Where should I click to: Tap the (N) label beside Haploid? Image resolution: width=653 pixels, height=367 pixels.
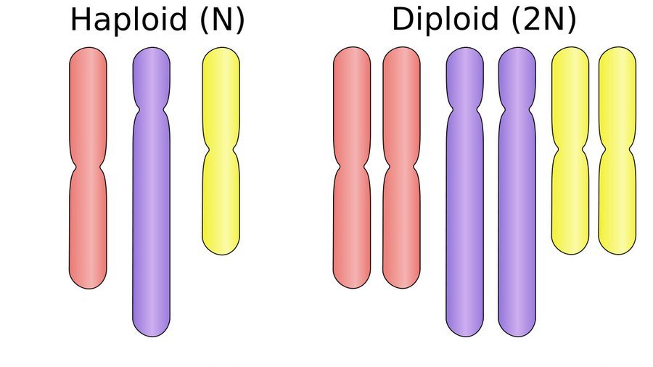(218, 20)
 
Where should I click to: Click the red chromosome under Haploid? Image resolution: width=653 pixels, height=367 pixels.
(88, 218)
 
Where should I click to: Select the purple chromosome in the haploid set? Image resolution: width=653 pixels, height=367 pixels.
(151, 232)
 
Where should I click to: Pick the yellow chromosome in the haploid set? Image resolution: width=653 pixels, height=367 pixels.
(221, 196)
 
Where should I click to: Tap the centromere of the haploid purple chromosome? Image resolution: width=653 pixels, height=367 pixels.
(151, 110)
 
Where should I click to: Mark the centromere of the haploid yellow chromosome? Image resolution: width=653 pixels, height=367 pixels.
(221, 149)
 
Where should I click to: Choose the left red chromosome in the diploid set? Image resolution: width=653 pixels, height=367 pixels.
(352, 218)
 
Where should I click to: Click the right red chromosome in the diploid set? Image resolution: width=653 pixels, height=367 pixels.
(401, 218)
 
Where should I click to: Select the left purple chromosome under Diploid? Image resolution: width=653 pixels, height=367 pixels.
(464, 232)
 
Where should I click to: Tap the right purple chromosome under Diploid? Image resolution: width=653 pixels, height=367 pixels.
(517, 232)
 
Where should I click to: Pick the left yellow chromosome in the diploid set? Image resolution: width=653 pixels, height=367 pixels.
(570, 196)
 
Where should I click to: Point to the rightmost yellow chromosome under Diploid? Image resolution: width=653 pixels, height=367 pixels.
(617, 196)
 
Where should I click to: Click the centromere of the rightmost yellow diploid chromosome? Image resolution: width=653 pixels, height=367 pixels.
(617, 149)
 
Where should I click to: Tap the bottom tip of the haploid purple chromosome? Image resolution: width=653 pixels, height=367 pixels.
(151, 331)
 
